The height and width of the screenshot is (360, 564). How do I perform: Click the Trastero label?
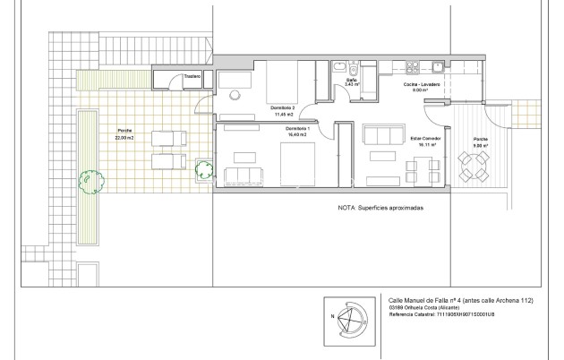click(x=192, y=77)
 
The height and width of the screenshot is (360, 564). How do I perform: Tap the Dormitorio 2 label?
click(x=284, y=108)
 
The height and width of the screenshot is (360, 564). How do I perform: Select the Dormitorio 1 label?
click(x=299, y=128)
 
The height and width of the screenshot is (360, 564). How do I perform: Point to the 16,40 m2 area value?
click(x=297, y=134)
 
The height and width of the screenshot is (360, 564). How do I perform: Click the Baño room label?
click(x=352, y=81)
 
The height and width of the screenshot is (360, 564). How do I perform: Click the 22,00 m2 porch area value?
click(x=125, y=137)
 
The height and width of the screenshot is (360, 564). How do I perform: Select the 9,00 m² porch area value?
click(x=480, y=146)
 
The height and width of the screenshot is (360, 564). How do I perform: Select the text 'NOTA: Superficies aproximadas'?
click(x=380, y=207)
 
